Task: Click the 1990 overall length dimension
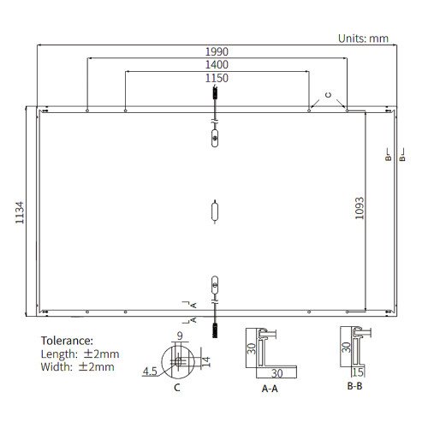217,51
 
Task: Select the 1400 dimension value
217,65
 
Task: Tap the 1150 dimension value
217,78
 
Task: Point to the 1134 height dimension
20,212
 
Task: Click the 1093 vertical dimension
360,208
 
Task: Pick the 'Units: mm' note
363,39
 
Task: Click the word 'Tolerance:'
67,341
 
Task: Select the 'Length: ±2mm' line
80,354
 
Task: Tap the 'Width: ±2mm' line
77,366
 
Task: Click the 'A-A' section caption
270,389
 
